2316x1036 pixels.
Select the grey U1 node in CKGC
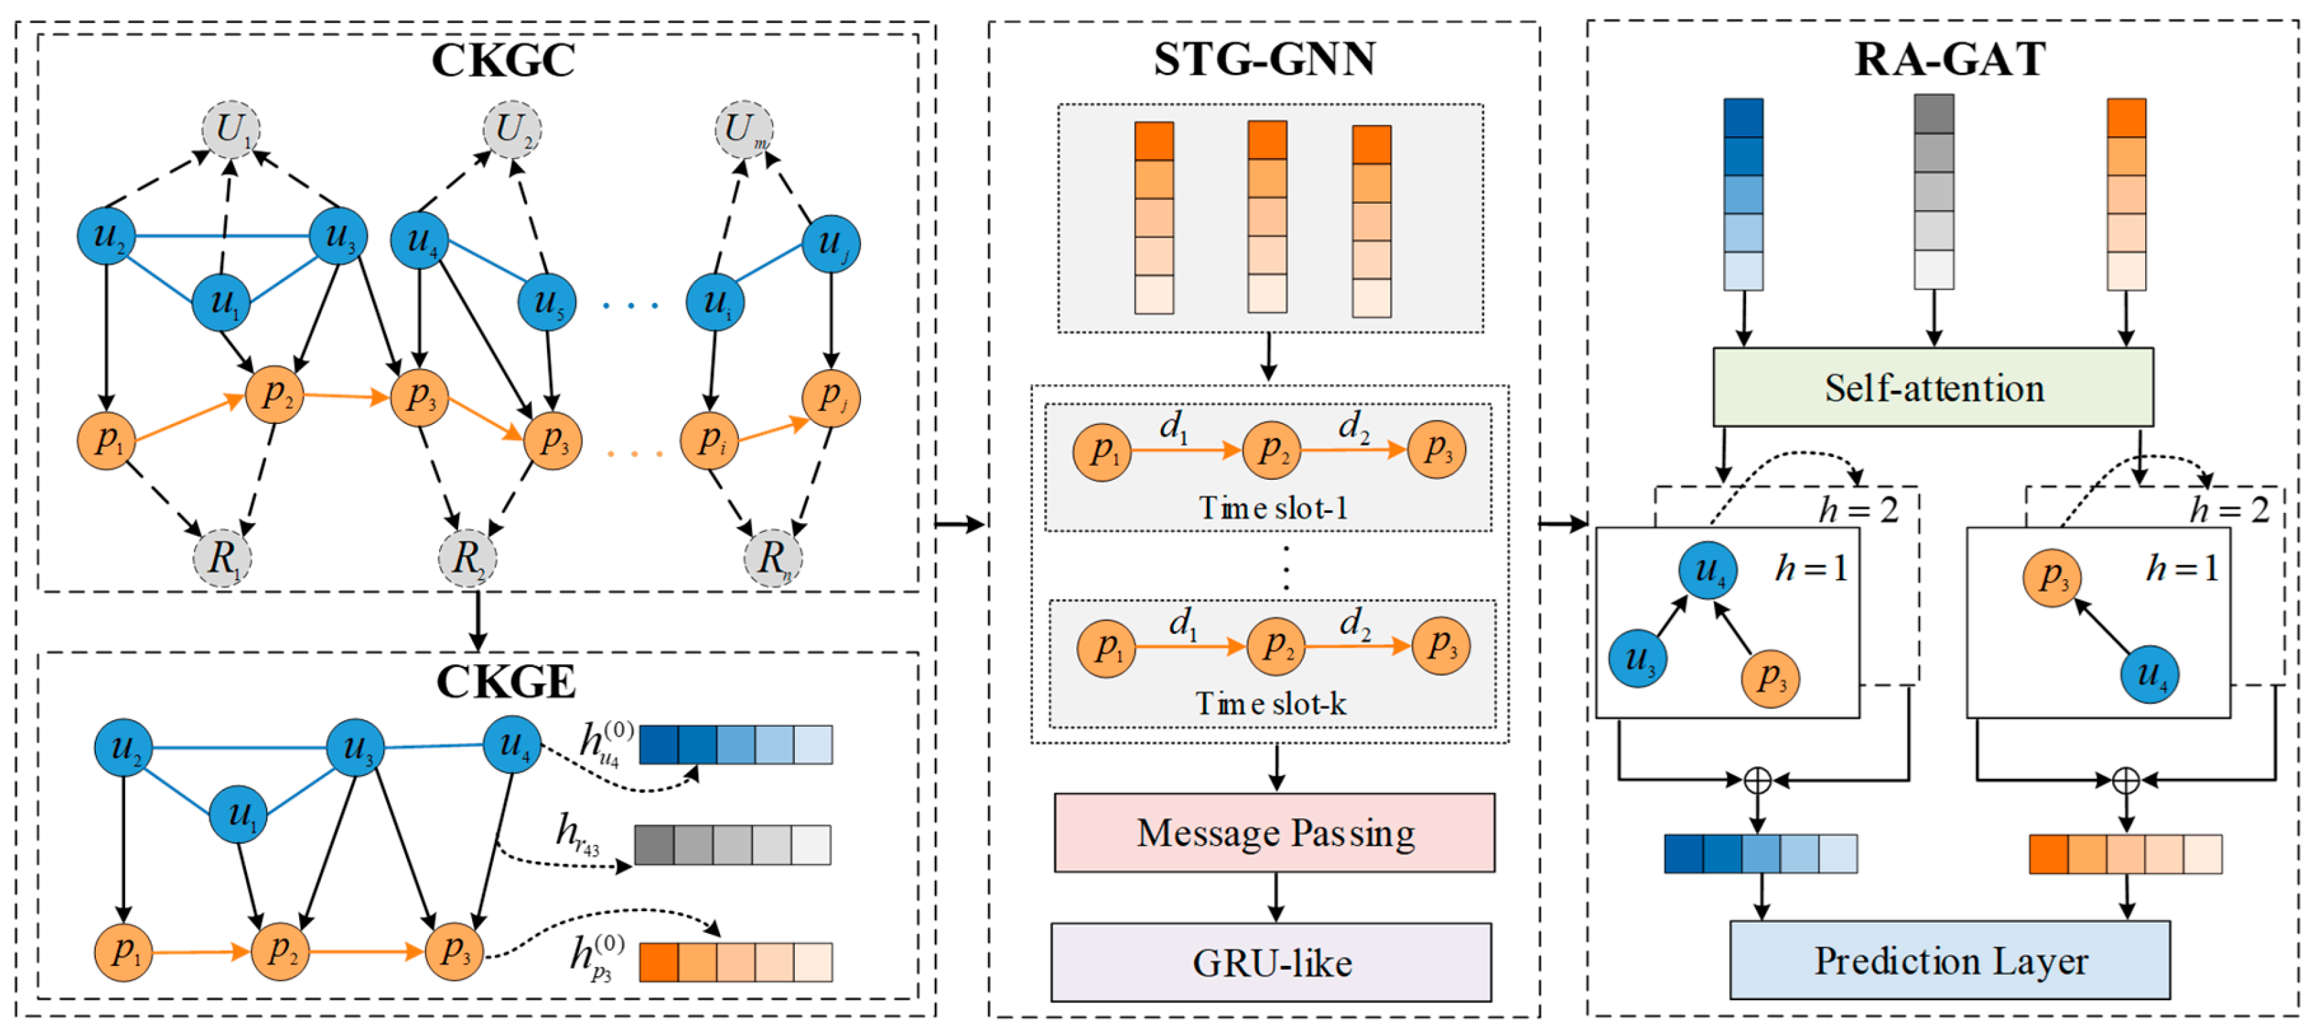pos(231,130)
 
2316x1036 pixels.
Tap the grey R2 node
pos(467,558)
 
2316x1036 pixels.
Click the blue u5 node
pos(546,302)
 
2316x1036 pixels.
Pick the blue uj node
pos(831,244)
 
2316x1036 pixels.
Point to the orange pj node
pos(831,397)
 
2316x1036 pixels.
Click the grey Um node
pos(744,130)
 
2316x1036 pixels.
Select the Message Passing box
pos(1274,833)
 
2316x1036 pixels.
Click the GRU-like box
pos(1271,963)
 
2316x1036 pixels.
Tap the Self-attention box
pos(1933,388)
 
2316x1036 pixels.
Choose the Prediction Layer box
pos(1949,960)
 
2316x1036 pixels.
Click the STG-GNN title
pos(1264,59)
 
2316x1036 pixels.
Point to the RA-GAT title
pos(1949,59)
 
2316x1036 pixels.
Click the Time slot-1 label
pos(1273,509)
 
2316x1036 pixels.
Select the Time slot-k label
pos(1270,703)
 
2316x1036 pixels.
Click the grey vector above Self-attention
pos(1933,192)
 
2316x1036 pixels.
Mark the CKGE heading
pos(505,682)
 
